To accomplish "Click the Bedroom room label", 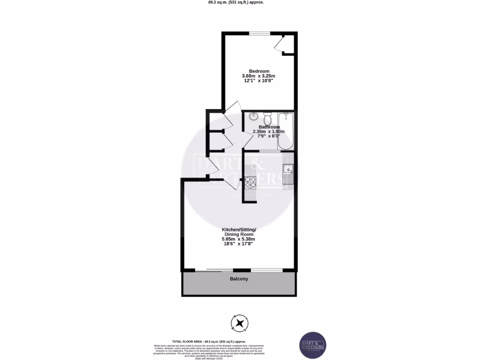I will coord(259,71).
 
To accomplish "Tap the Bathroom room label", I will coord(270,127).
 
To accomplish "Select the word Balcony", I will coord(239,279).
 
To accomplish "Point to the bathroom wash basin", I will coord(254,116).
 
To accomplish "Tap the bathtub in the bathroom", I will coord(285,131).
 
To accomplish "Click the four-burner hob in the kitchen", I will coord(249,182).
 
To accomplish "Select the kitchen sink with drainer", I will coord(288,174).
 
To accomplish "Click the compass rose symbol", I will coord(240,323).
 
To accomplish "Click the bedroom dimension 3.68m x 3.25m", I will coord(258,76).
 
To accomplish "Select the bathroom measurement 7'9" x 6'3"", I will coord(269,136).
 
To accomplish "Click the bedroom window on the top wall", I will coord(259,33).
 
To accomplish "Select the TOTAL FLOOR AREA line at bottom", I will coord(209,342).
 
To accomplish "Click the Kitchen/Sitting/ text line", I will coord(239,229).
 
